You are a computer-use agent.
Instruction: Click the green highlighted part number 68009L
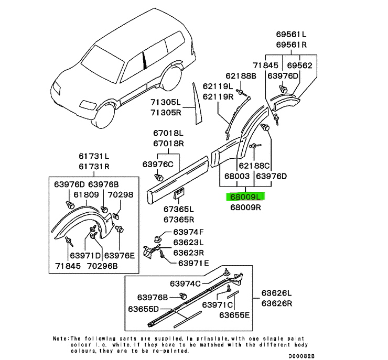tap(246, 197)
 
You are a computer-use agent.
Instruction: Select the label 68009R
tap(246, 208)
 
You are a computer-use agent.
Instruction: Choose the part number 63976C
tap(158, 165)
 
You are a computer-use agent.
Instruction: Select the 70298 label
tap(121, 194)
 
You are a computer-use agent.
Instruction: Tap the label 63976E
tap(120, 256)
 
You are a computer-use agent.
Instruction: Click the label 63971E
tap(194, 263)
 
